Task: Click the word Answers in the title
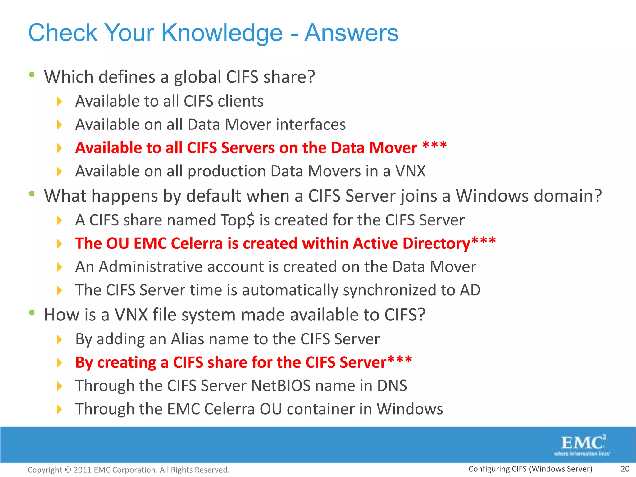351,33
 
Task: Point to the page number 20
625,469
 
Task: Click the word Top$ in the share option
238,220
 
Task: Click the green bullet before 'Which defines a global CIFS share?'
32,75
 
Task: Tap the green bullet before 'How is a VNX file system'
32,312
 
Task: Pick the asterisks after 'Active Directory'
484,241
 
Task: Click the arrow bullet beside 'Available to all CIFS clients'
60,102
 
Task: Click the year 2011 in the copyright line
82,470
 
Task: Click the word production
227,171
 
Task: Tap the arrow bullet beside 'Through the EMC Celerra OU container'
60,409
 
